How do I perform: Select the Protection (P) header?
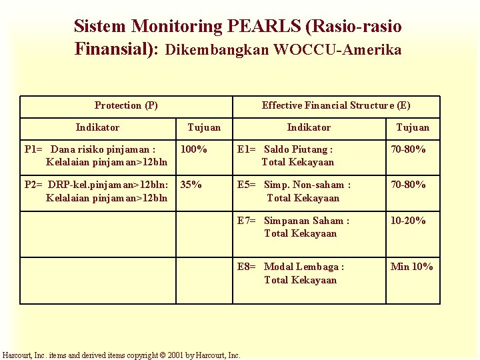click(x=126, y=105)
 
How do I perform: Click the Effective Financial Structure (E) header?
click(x=336, y=105)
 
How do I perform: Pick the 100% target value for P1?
click(x=194, y=149)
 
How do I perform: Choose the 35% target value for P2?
click(x=191, y=185)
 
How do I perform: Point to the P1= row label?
click(x=35, y=149)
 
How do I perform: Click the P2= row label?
click(x=35, y=185)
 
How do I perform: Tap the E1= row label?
click(x=247, y=149)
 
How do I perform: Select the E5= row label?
click(x=247, y=185)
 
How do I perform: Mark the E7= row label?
click(x=247, y=221)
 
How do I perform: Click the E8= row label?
click(x=247, y=267)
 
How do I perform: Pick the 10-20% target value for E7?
click(x=408, y=221)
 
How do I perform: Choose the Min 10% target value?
click(x=411, y=267)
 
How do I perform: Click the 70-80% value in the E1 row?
click(x=408, y=149)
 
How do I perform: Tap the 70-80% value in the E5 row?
click(x=408, y=185)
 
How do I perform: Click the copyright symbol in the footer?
click(x=133, y=355)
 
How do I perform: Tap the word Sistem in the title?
click(x=101, y=27)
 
